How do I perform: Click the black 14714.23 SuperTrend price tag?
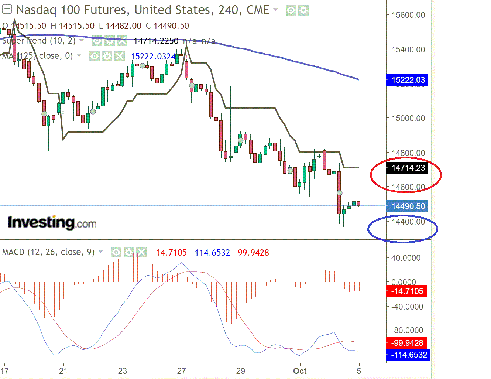pyautogui.click(x=408, y=168)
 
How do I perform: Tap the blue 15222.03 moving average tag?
pyautogui.click(x=408, y=80)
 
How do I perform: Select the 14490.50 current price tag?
pyautogui.click(x=408, y=206)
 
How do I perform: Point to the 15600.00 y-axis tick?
pyautogui.click(x=408, y=15)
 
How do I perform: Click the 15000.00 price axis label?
pyautogui.click(x=408, y=118)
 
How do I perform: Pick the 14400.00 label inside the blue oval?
pyautogui.click(x=408, y=222)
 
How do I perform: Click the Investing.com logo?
pyautogui.click(x=52, y=222)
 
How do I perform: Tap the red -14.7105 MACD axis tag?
pyautogui.click(x=407, y=291)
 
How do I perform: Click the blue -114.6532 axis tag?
pyautogui.click(x=409, y=355)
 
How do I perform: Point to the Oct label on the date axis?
pyautogui.click(x=300, y=371)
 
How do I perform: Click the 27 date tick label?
pyautogui.click(x=181, y=371)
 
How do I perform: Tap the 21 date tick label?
pyautogui.click(x=63, y=371)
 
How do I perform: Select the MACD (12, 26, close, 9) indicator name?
pyautogui.click(x=48, y=252)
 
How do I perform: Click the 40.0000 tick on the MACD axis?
pyautogui.click(x=406, y=258)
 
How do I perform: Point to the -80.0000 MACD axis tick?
pyautogui.click(x=407, y=330)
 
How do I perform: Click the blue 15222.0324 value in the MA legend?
pyautogui.click(x=153, y=57)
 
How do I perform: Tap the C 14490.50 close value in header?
pyautogui.click(x=167, y=26)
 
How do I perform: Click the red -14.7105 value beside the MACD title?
pyautogui.click(x=170, y=253)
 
